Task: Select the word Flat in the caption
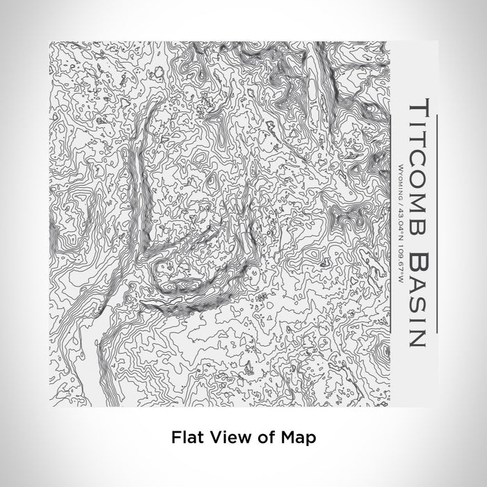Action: (x=186, y=438)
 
